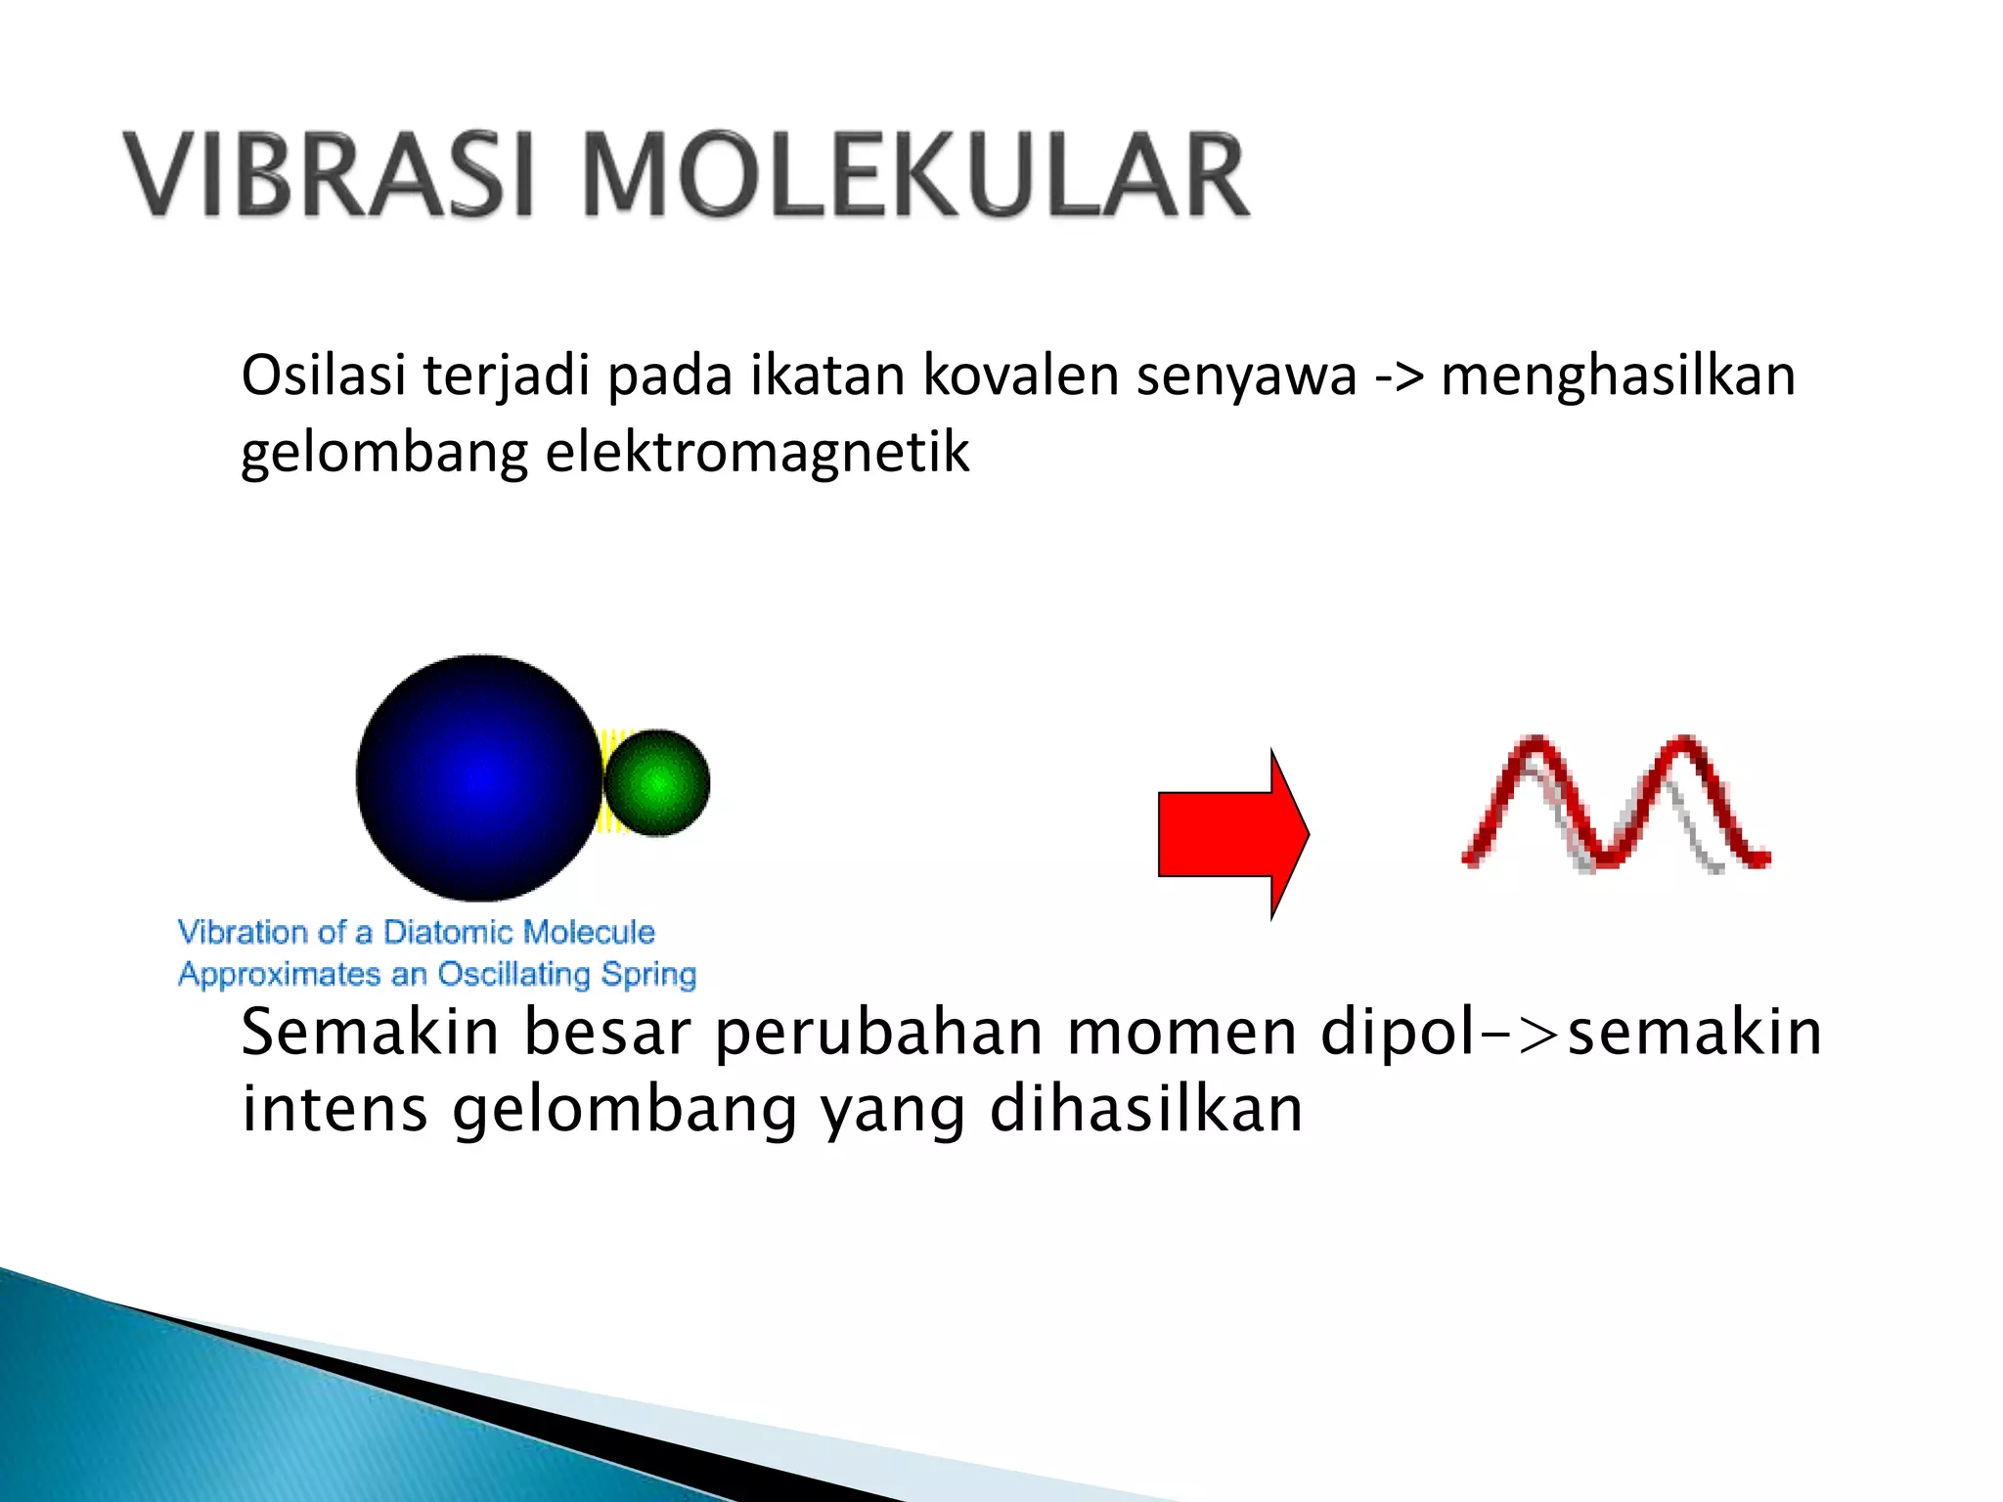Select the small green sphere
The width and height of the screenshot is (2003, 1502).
point(657,782)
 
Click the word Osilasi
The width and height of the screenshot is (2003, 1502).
point(323,375)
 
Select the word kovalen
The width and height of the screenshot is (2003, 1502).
point(1020,375)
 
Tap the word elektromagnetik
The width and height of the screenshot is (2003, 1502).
point(757,453)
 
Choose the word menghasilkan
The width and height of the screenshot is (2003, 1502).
point(1618,375)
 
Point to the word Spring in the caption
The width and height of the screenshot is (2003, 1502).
point(648,975)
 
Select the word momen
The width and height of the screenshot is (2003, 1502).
point(1182,1033)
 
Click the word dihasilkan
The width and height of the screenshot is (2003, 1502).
point(1145,1109)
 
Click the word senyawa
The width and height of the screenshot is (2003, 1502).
point(1246,377)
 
